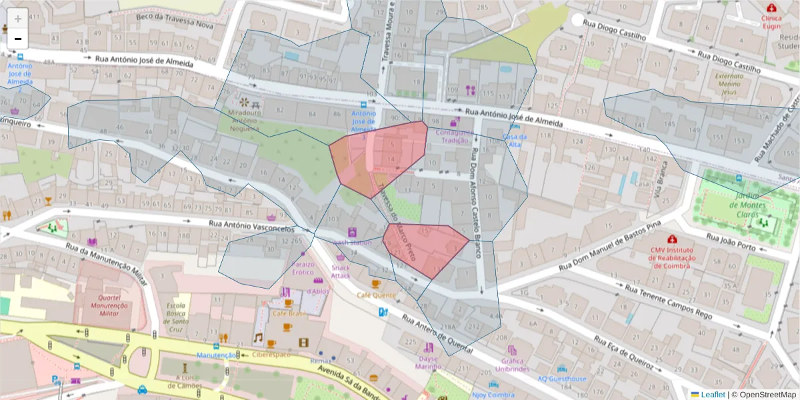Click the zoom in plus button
tap(18, 19)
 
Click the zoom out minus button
tap(18, 39)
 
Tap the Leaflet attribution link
tap(713, 395)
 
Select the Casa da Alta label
tap(515, 140)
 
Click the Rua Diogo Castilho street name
tap(615, 30)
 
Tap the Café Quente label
tap(376, 294)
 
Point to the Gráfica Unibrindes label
tap(511, 364)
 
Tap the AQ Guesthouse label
tap(562, 379)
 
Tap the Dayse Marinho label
tap(428, 362)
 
